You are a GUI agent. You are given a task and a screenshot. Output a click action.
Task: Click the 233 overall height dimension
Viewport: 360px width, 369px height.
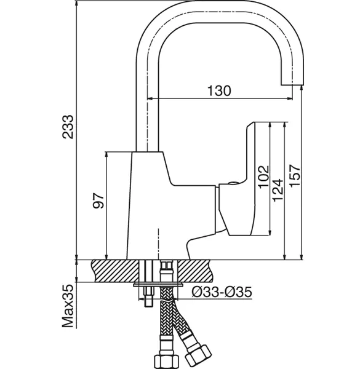68,127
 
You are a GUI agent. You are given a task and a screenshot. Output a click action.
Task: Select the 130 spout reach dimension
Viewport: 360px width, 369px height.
219,91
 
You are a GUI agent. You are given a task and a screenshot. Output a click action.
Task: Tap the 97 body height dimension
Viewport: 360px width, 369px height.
98,200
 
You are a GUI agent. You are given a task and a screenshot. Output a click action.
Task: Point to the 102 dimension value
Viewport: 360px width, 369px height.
263,177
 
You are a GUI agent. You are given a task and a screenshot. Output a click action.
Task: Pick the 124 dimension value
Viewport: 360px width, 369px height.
277,190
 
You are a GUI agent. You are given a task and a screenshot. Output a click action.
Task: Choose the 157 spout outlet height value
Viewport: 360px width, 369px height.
295,176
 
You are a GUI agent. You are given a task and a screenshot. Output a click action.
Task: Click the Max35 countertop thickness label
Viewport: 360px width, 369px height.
68,306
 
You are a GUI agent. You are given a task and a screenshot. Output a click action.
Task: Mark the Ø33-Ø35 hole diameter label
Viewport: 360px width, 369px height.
222,292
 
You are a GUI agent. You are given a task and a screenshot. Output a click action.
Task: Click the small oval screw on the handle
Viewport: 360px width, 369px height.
233,183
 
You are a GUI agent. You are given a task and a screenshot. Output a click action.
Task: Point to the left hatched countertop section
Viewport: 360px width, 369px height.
115,271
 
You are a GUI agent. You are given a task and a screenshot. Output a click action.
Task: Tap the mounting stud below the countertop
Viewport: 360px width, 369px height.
148,296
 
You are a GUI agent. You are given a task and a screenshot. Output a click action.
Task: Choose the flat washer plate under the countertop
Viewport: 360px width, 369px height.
158,285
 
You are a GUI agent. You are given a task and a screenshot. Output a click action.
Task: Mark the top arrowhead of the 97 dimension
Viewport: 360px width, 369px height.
106,155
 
